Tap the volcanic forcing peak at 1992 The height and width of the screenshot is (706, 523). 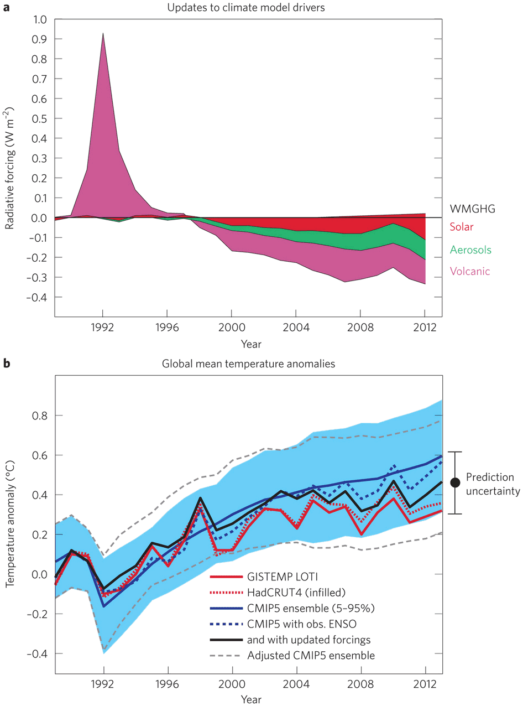pos(103,34)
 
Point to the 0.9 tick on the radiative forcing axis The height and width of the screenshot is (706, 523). pos(40,39)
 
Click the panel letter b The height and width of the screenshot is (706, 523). pos(8,364)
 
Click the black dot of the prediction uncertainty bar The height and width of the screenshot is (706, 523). pos(455,482)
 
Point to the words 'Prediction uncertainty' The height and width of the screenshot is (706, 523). pos(489,482)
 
